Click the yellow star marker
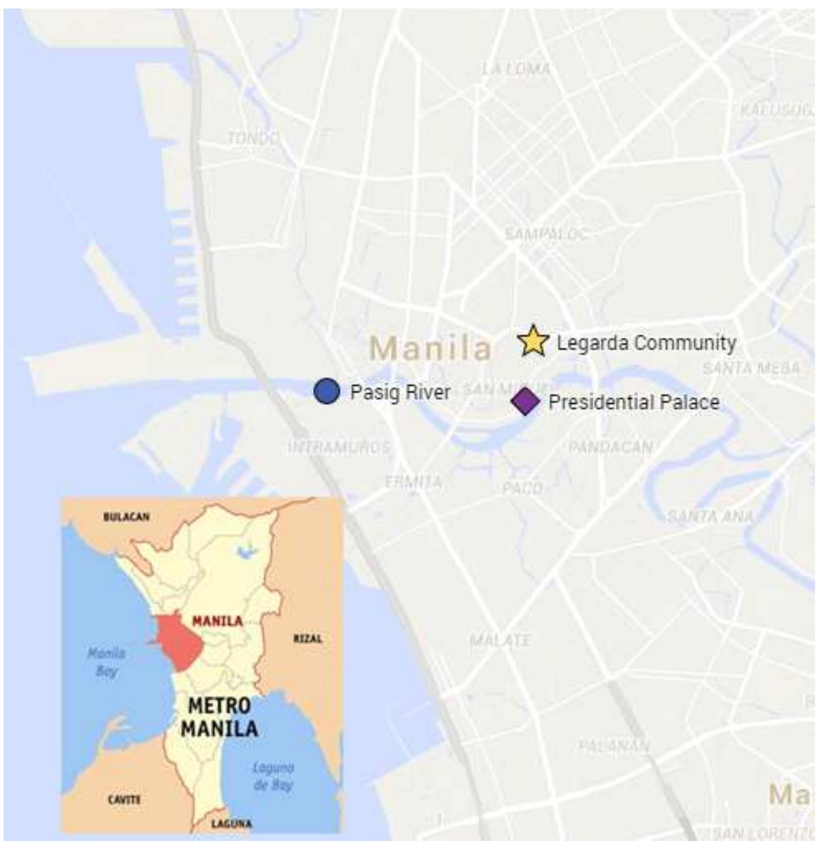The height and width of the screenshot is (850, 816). point(533,341)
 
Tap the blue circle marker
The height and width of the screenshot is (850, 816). point(327,391)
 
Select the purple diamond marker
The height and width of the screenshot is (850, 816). point(525,401)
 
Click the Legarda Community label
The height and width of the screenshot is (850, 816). point(646,343)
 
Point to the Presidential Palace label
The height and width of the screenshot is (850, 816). point(634,402)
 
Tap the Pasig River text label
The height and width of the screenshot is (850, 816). point(400,392)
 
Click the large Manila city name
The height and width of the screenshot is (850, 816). point(430,348)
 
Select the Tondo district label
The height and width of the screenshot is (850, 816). point(253,137)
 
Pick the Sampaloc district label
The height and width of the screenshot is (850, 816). point(546,233)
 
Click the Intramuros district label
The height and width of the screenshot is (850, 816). point(339,447)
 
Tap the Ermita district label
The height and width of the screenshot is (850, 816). point(413,482)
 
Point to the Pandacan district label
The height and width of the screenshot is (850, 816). point(610,447)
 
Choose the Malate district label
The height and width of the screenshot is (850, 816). point(500,640)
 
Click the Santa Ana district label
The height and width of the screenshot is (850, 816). point(710,516)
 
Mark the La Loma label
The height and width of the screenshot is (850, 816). point(515,69)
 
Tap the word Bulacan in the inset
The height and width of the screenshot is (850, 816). point(126,516)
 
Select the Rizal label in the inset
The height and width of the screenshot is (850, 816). point(308,639)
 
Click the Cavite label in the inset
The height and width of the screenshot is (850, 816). point(124,799)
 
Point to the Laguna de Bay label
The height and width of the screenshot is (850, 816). point(273,776)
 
